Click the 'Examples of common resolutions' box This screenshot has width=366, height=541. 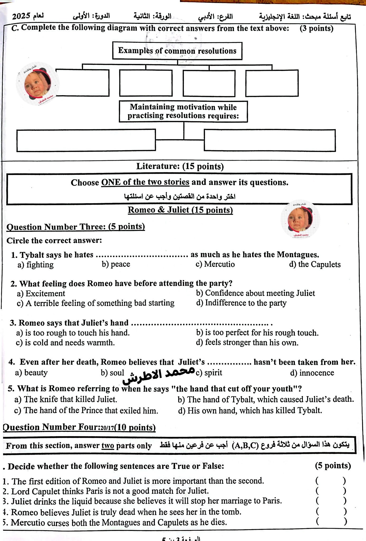[177, 51]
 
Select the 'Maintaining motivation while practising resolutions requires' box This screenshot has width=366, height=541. [183, 111]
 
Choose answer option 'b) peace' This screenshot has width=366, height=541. [116, 264]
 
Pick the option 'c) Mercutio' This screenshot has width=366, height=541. [215, 264]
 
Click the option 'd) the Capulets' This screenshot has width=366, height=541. [315, 264]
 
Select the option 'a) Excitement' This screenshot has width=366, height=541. [41, 294]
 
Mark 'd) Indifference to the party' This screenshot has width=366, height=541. [241, 303]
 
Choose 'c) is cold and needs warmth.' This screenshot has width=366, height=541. [65, 343]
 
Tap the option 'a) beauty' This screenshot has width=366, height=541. [31, 373]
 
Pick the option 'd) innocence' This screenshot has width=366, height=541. [312, 373]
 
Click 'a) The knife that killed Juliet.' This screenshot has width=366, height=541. [66, 399]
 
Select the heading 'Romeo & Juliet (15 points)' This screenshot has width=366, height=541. [180, 210]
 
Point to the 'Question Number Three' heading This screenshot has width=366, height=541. [76, 227]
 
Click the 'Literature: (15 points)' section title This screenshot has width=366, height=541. [180, 166]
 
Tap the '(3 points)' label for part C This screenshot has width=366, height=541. [316, 28]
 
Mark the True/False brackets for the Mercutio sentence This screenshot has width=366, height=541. [331, 522]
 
